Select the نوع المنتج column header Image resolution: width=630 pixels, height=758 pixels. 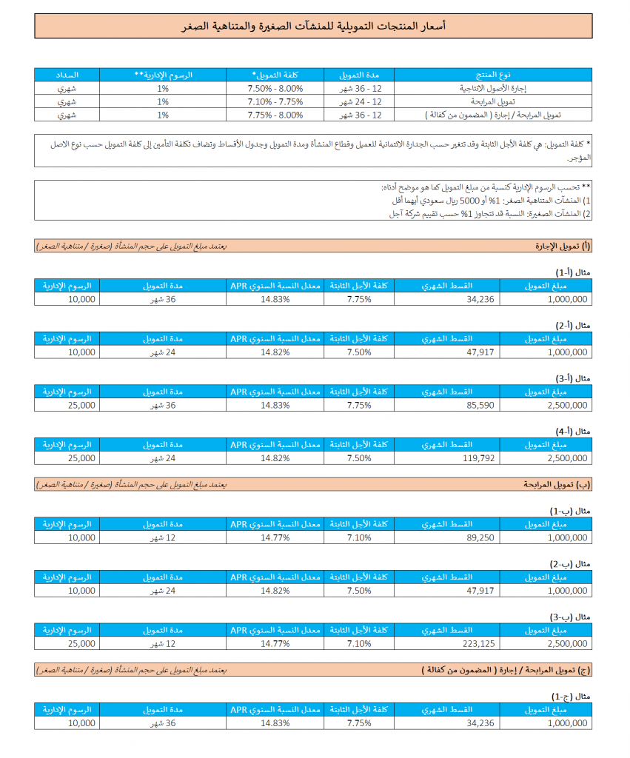point(492,75)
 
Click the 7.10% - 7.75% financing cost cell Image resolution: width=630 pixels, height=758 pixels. point(275,101)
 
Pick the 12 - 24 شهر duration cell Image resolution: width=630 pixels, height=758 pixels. point(361,101)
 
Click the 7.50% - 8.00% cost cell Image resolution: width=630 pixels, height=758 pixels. point(275,88)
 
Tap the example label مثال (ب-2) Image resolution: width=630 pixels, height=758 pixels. point(574,563)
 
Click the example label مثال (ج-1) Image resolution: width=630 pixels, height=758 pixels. point(574,696)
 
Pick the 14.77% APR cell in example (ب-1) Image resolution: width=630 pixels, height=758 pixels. point(275,537)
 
